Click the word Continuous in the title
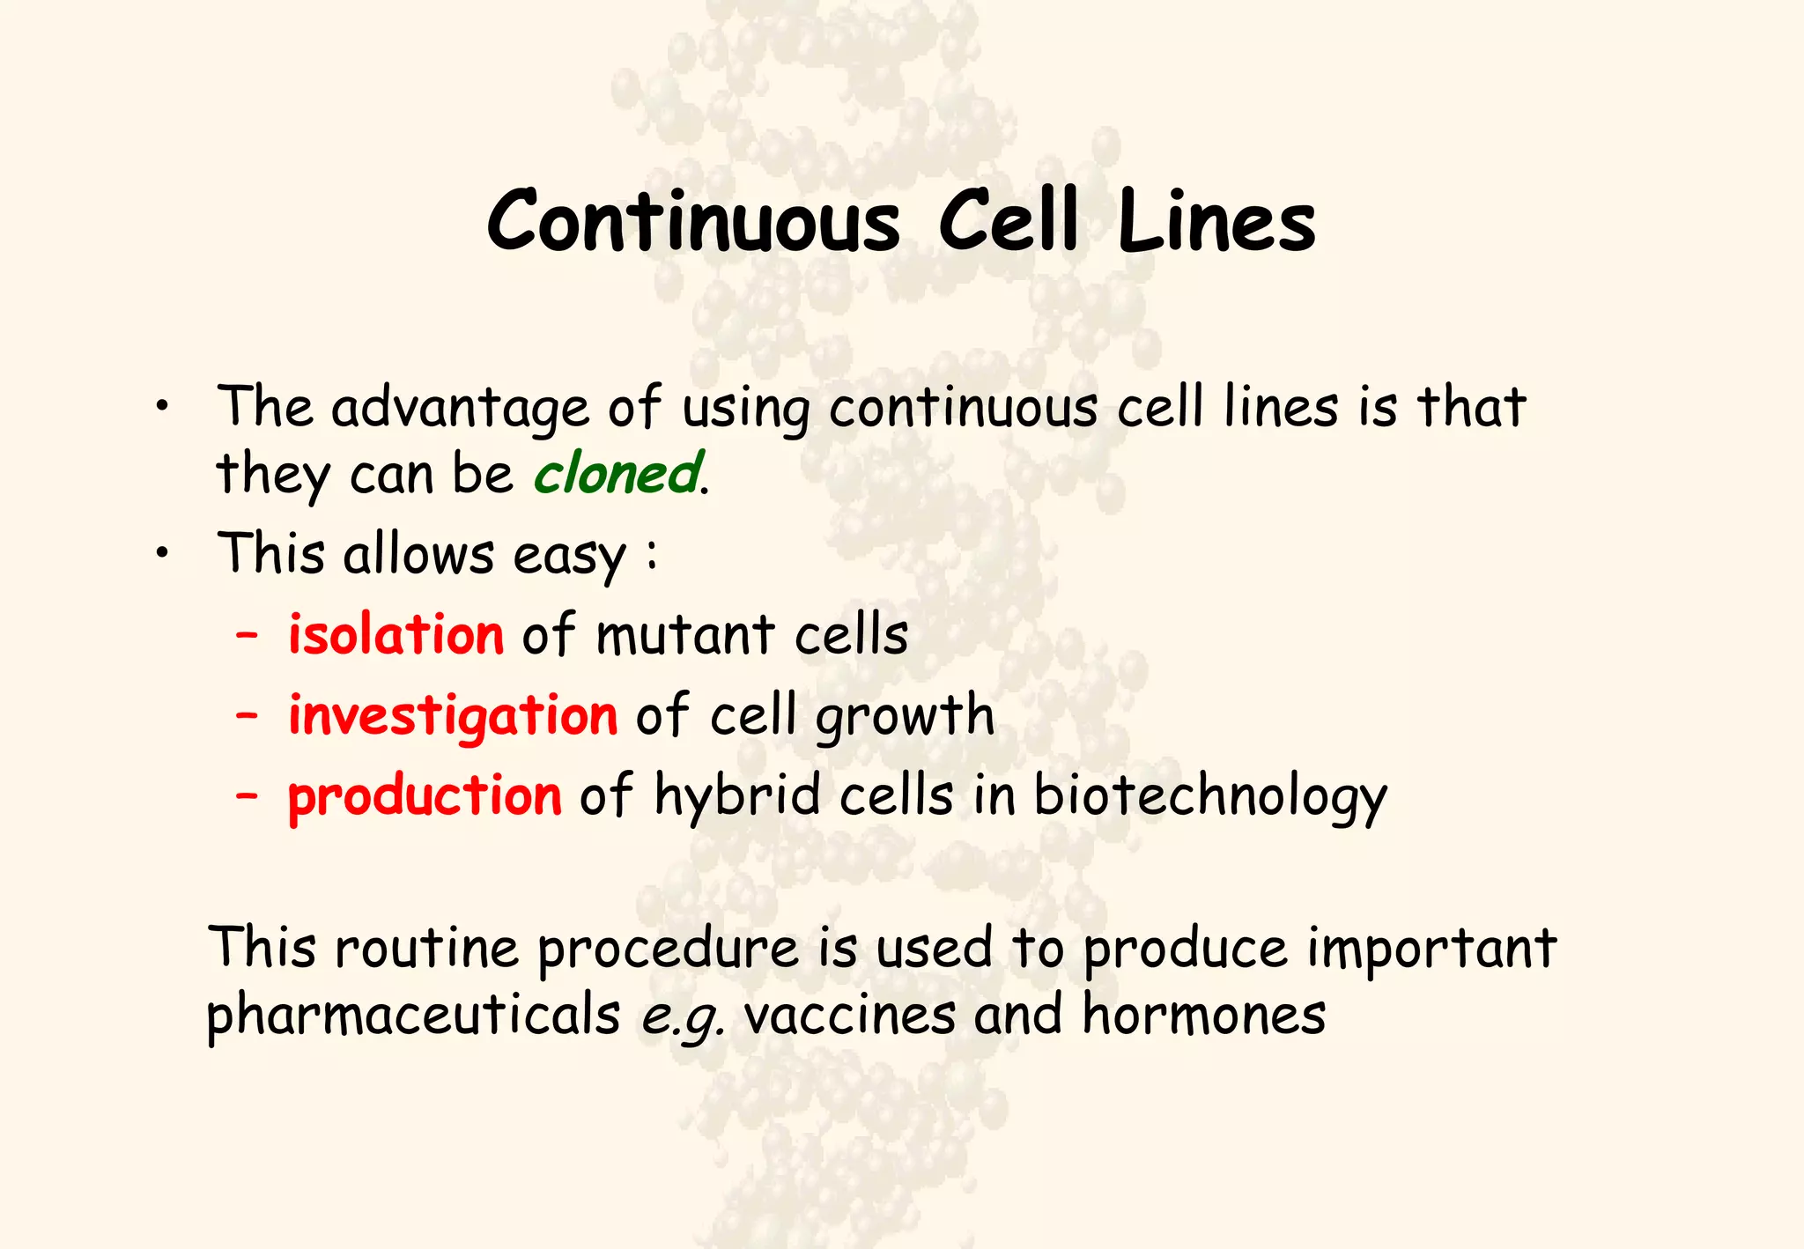point(693,222)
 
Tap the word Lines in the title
point(1216,222)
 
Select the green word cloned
point(617,473)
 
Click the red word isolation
point(396,634)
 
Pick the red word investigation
point(453,715)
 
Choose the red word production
point(425,795)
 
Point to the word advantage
point(460,409)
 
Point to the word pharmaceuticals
point(413,1016)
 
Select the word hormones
point(1203,1014)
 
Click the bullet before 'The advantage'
point(161,408)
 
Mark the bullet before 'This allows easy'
point(161,554)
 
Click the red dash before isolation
point(247,634)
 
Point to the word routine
point(426,949)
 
